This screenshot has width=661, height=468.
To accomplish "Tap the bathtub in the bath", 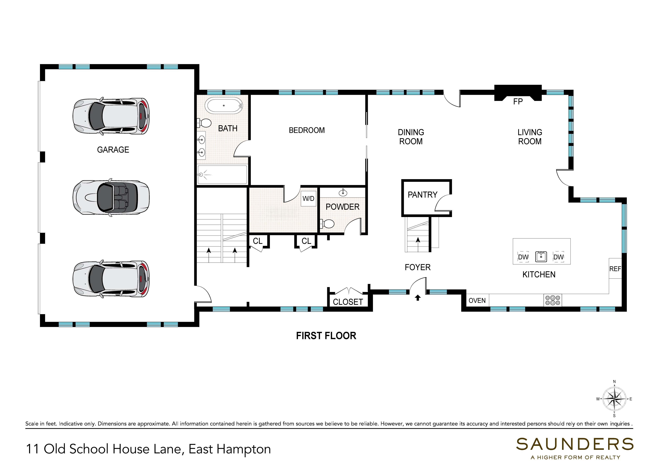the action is (x=224, y=106).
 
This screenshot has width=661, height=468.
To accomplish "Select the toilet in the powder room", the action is (x=327, y=223).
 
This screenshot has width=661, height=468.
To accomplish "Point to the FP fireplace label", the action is (x=518, y=102).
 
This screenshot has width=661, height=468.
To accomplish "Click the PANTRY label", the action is (x=422, y=195).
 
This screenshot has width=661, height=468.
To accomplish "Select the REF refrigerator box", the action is (x=615, y=268).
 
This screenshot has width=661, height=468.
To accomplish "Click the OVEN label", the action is (x=477, y=301).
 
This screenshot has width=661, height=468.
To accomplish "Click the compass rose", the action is (x=614, y=399).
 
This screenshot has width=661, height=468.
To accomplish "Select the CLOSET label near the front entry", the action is (x=348, y=302).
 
